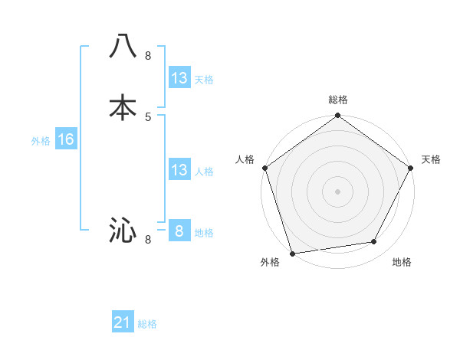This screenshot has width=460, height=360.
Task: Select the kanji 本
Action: [123, 108]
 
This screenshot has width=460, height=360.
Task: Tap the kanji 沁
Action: [123, 230]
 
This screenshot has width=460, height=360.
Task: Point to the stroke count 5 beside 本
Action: [148, 116]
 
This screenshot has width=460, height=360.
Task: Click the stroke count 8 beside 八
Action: [148, 56]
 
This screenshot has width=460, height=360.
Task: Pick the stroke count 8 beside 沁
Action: [148, 240]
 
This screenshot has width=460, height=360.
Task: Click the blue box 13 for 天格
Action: [179, 78]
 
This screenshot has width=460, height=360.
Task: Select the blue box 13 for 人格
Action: [179, 170]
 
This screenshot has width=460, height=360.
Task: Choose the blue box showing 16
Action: [65, 139]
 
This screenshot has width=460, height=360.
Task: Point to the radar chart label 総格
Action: [338, 100]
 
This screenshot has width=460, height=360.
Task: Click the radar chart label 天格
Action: [431, 159]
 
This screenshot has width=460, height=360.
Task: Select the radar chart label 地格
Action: [402, 263]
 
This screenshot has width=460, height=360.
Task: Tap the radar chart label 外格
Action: [270, 263]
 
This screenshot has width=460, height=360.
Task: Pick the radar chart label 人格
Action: [245, 159]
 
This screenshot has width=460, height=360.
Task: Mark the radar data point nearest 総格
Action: [338, 116]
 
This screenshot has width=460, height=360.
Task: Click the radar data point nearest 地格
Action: [374, 242]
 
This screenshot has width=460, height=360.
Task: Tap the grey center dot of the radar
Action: [338, 191]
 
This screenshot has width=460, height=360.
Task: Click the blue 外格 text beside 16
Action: [41, 141]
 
